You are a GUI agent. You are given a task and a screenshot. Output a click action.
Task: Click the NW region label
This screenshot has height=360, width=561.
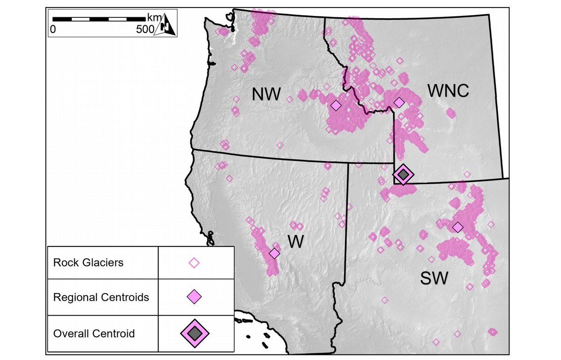pos(266,95)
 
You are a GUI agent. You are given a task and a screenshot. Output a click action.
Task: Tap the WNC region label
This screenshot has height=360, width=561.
pos(448,91)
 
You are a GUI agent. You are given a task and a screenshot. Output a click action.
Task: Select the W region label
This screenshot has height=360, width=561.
pos(295,242)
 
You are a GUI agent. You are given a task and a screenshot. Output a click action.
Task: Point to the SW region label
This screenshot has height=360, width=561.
pos(434,278)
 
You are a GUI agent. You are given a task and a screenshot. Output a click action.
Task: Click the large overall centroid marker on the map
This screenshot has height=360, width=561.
pos(403,174)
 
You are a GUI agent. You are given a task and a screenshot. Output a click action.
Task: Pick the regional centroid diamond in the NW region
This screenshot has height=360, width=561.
pos(336,106)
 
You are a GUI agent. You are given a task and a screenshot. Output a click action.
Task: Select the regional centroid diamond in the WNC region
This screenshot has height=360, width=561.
pos(399,102)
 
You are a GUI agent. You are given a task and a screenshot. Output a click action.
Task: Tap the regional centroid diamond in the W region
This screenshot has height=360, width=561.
pos(274,253)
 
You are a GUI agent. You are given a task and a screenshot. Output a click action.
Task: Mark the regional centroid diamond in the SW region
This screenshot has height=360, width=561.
pos(458,227)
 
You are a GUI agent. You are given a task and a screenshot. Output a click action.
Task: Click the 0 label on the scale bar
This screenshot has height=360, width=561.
pos(53,29)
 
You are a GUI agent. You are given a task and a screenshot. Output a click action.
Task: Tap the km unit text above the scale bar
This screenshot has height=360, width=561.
pos(153,18)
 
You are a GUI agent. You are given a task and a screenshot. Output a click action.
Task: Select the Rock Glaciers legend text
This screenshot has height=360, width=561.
pos(88,262)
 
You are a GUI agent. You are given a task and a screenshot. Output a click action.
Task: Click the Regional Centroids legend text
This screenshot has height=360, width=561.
pos(101,297)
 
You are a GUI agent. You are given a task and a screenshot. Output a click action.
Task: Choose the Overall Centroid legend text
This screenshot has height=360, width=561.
pos(94,333)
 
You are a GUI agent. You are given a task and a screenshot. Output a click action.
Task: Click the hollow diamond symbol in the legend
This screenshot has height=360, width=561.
pos(194,263)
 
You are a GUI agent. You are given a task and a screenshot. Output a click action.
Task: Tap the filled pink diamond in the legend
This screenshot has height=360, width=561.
pos(194,297)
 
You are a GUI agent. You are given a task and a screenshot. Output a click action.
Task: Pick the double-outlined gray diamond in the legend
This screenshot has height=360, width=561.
pos(195,332)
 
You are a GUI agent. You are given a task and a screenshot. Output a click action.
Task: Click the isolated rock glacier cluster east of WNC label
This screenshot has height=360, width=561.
pos(451,113)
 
